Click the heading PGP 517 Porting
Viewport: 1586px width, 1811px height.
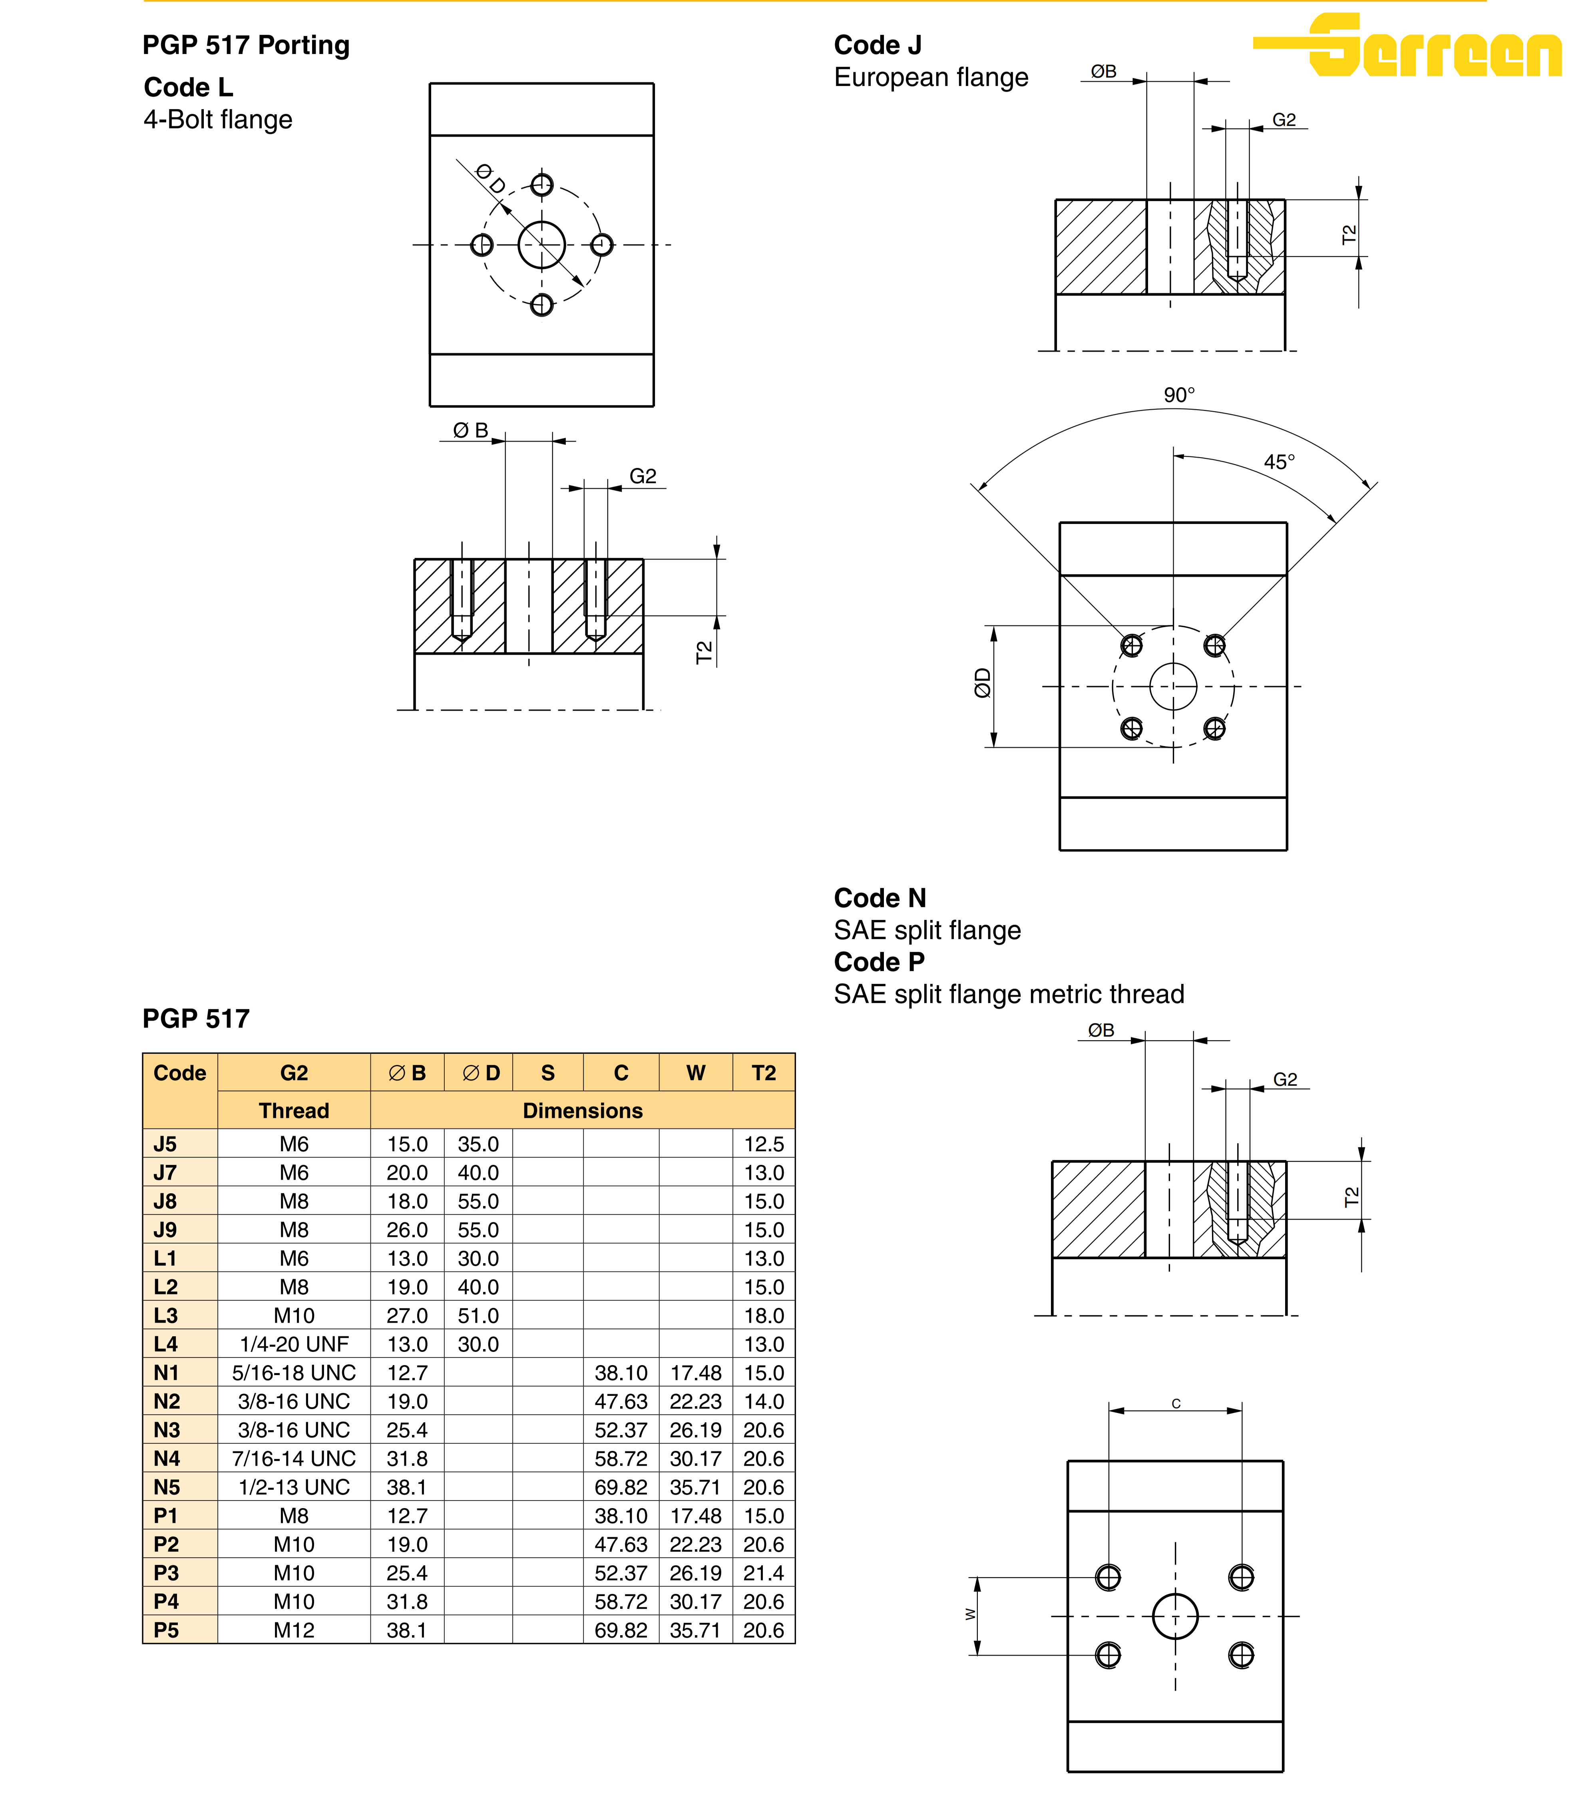point(246,45)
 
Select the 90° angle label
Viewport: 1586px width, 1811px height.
point(1179,395)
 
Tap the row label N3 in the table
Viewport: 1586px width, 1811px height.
point(166,1429)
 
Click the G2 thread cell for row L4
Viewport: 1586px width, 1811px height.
point(294,1343)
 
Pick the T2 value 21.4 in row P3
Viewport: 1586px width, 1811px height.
point(763,1573)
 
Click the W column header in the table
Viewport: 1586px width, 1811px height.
point(696,1073)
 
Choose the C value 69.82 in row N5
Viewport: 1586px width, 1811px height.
point(621,1487)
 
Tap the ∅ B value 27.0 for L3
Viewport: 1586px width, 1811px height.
point(407,1315)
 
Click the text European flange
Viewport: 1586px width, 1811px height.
point(931,78)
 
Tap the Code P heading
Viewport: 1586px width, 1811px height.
point(879,962)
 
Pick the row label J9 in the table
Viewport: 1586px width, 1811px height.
point(165,1230)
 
